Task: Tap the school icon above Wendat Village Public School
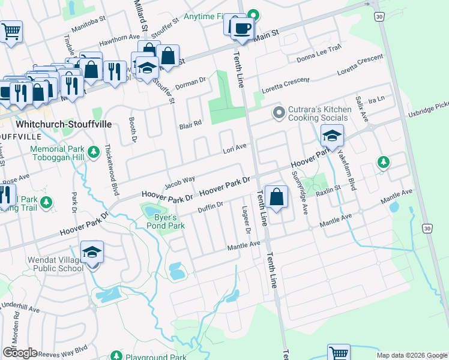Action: tap(92, 251)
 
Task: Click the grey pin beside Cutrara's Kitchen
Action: tap(279, 112)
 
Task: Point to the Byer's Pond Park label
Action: tap(161, 221)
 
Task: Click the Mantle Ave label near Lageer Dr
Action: tap(243, 246)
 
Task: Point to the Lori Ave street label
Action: tap(235, 148)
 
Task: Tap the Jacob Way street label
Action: tap(180, 180)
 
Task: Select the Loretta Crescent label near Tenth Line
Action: tap(285, 83)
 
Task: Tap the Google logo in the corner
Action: tap(19, 353)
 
